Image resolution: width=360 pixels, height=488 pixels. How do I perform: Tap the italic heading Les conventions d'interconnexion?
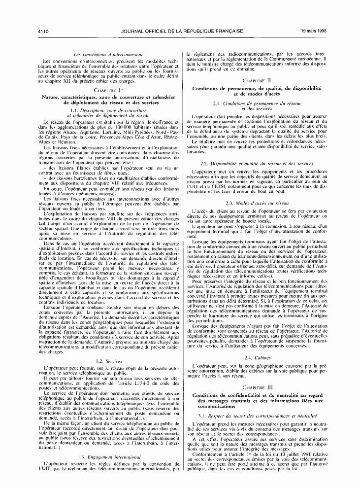point(107,53)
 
